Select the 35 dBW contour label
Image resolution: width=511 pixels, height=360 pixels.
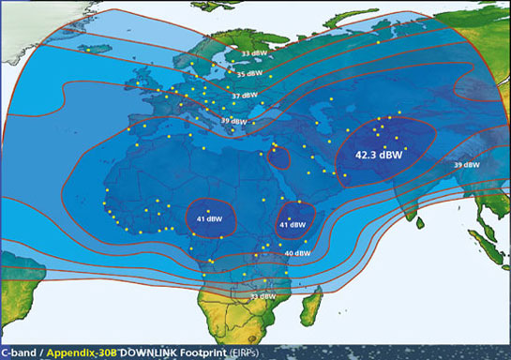(248, 73)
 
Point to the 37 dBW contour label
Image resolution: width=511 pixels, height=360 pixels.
(245, 95)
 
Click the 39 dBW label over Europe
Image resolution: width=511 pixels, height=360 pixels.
(233, 121)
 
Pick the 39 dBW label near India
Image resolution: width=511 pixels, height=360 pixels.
(466, 165)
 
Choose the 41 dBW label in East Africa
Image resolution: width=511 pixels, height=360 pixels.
(293, 225)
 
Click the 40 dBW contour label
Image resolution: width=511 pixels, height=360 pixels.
(297, 253)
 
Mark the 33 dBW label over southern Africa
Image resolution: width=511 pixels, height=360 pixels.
(262, 296)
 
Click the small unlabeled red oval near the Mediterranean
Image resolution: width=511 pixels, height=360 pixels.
(278, 157)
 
